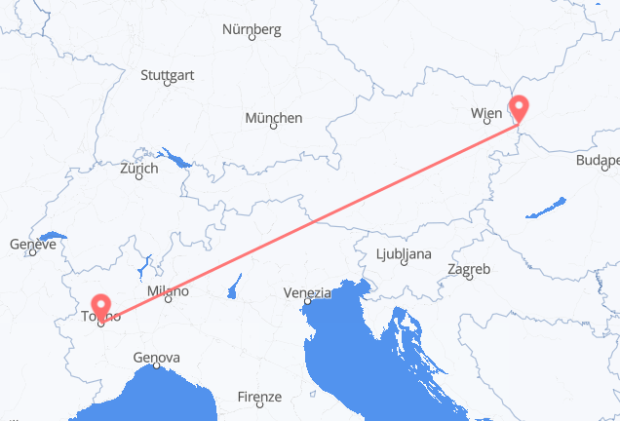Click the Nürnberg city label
pos(252,29)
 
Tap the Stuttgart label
pos(167,75)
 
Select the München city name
pos(273,118)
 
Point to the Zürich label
pos(138,169)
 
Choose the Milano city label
pos(167,291)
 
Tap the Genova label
pos(157,358)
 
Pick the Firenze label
pos(259,397)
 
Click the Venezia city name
pos(307,291)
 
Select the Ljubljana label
pos(402,255)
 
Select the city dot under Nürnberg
pos(252,38)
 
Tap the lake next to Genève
pos(55,237)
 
